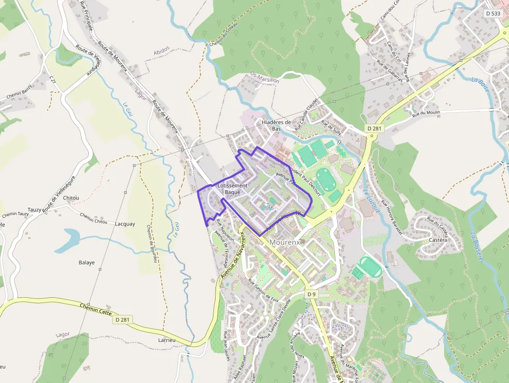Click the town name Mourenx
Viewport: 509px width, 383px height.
pyautogui.click(x=285, y=242)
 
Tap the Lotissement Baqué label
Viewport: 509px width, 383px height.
pyautogui.click(x=232, y=189)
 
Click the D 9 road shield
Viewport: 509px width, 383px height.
pyautogui.click(x=311, y=294)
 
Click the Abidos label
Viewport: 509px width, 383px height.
pyautogui.click(x=162, y=50)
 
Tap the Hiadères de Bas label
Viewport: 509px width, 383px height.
pyautogui.click(x=276, y=125)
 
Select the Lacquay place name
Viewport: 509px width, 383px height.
pyautogui.click(x=125, y=224)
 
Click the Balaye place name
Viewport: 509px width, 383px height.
pyautogui.click(x=86, y=262)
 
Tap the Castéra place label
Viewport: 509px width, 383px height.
pyautogui.click(x=438, y=240)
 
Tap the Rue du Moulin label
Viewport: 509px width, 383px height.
pyautogui.click(x=425, y=113)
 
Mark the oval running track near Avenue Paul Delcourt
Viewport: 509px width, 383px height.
pyautogui.click(x=326, y=179)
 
